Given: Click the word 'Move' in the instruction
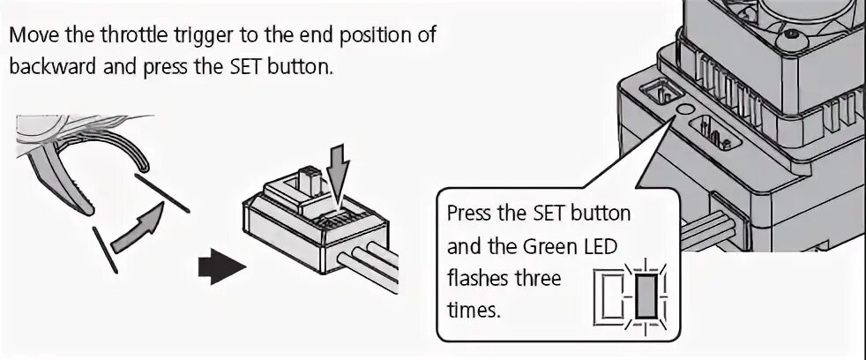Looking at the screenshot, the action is (x=33, y=37).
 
